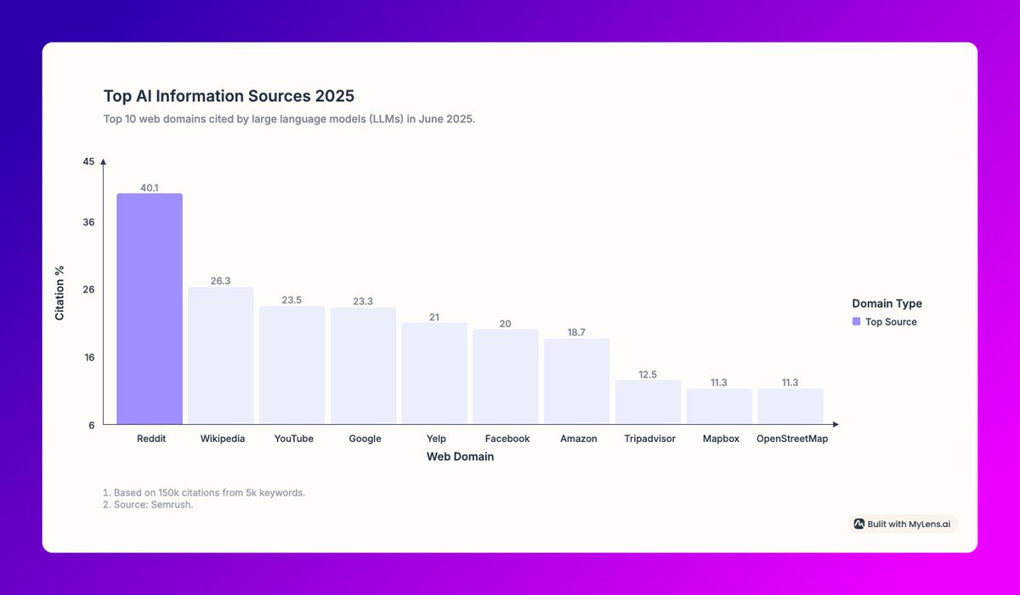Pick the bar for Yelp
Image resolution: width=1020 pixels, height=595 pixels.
click(x=434, y=373)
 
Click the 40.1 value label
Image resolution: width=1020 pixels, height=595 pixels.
click(x=150, y=187)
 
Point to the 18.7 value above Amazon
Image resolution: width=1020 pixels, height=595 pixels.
click(x=576, y=332)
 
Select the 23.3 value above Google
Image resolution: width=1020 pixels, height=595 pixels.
click(x=363, y=301)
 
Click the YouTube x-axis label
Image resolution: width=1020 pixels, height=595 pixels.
click(x=293, y=439)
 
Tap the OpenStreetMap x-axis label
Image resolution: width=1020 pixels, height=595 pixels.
click(x=791, y=439)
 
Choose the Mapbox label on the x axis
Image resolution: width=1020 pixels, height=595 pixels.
click(x=721, y=439)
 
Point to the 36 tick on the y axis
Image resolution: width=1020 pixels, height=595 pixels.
click(x=88, y=223)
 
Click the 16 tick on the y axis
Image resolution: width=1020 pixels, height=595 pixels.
click(x=88, y=357)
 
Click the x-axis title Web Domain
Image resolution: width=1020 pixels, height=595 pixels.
click(x=460, y=456)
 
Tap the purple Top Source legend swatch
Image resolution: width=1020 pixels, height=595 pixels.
click(x=856, y=322)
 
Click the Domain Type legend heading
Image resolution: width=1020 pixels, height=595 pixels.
click(x=887, y=303)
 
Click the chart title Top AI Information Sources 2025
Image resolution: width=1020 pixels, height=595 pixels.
click(x=229, y=96)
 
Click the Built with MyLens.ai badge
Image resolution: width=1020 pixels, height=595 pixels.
click(x=904, y=524)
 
